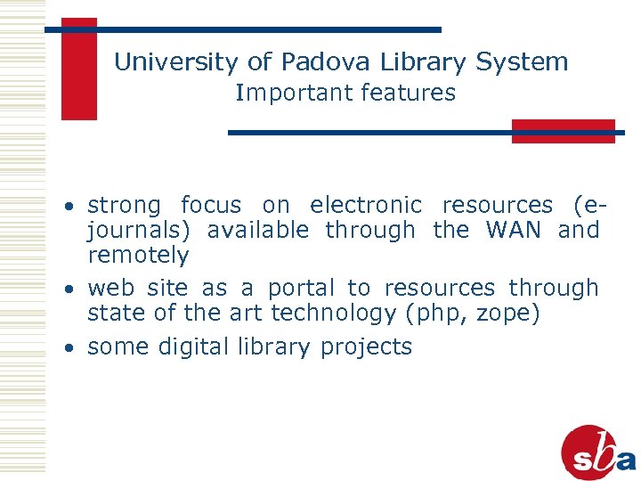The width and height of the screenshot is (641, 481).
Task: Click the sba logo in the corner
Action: tap(598, 452)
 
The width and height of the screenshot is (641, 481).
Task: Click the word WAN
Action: tap(514, 230)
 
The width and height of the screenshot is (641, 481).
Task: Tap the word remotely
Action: tap(138, 256)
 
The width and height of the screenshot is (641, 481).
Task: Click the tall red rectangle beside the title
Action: tap(78, 69)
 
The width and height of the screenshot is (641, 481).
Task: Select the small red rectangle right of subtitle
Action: tap(563, 131)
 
